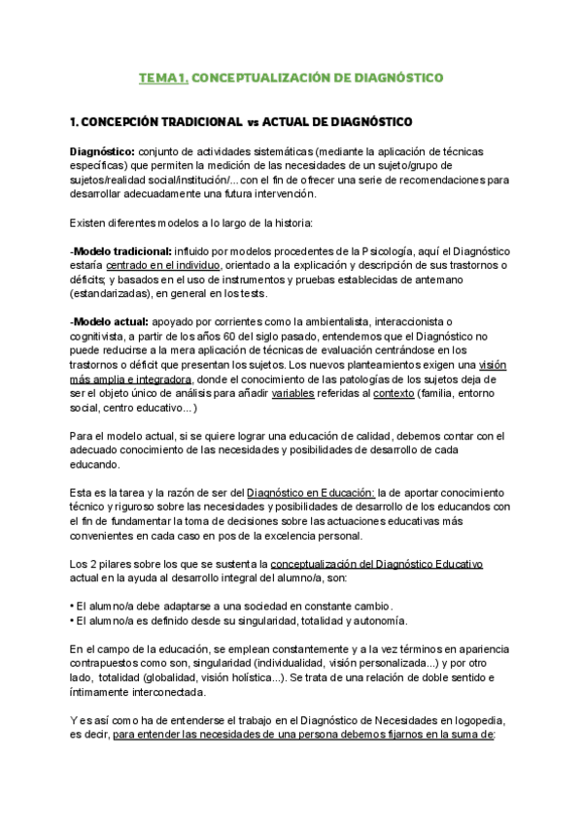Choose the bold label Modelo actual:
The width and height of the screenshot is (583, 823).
click(110, 322)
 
